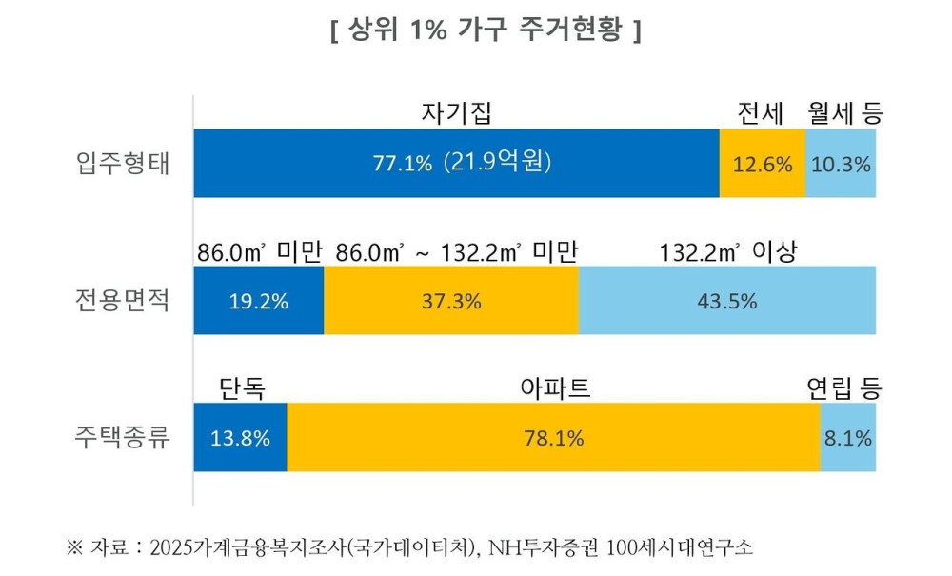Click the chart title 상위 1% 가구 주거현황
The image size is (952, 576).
coord(485,30)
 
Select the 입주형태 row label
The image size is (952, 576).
coord(123,163)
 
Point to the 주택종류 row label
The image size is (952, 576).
coord(123,438)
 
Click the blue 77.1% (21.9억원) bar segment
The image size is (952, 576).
coord(456,163)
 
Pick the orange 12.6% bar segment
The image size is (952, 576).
coord(762,163)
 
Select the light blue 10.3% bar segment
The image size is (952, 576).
coord(841,163)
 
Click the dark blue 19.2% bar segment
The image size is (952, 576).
coord(259,301)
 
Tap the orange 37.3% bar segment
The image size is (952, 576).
coord(451,301)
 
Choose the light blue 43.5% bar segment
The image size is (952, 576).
coord(726,301)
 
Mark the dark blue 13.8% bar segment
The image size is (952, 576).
coord(241,438)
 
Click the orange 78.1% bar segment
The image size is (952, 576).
coord(553,438)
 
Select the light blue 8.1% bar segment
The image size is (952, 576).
coord(847,438)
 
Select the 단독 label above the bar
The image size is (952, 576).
coord(242,388)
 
